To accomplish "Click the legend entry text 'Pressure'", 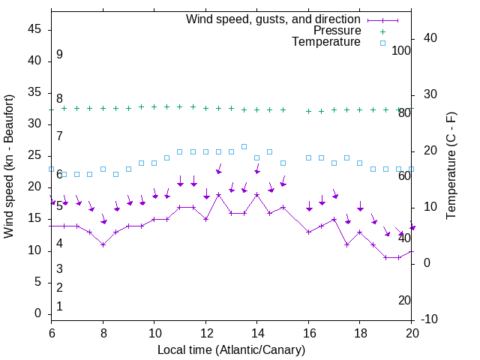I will tap(337, 31).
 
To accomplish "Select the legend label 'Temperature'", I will tap(326, 42).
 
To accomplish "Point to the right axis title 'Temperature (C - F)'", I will tap(451, 166).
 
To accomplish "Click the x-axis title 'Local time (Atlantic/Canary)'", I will tap(232, 349).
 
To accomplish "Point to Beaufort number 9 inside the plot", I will tap(59, 55).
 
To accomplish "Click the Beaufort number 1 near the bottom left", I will tap(59, 306).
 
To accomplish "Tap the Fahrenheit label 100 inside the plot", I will tap(402, 51).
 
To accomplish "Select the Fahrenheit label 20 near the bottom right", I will tap(405, 300).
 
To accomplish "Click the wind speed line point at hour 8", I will tap(103, 244).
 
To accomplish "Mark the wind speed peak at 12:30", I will tap(218, 194).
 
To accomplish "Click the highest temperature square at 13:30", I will tap(244, 146).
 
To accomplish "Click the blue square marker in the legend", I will tap(382, 43).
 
